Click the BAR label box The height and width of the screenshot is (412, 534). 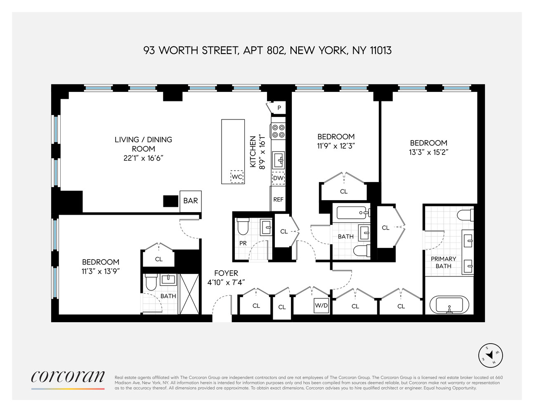(191, 201)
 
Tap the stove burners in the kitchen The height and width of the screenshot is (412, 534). (278, 131)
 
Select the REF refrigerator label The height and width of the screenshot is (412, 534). (278, 199)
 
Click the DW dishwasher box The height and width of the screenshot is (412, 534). (278, 178)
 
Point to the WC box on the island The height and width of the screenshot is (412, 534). (237, 177)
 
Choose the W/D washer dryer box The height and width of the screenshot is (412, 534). (321, 305)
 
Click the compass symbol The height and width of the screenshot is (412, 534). (491, 355)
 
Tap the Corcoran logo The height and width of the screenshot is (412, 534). (68, 377)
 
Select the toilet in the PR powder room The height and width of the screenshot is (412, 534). (243, 226)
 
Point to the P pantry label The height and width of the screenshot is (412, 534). (279, 108)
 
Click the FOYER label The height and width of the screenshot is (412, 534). (226, 273)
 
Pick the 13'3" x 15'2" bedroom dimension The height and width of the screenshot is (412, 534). (429, 152)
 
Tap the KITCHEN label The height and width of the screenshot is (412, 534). (253, 152)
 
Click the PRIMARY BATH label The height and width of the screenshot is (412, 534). (443, 262)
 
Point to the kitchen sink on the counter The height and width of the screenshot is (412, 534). (278, 159)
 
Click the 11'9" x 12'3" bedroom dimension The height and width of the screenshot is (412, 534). (336, 145)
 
